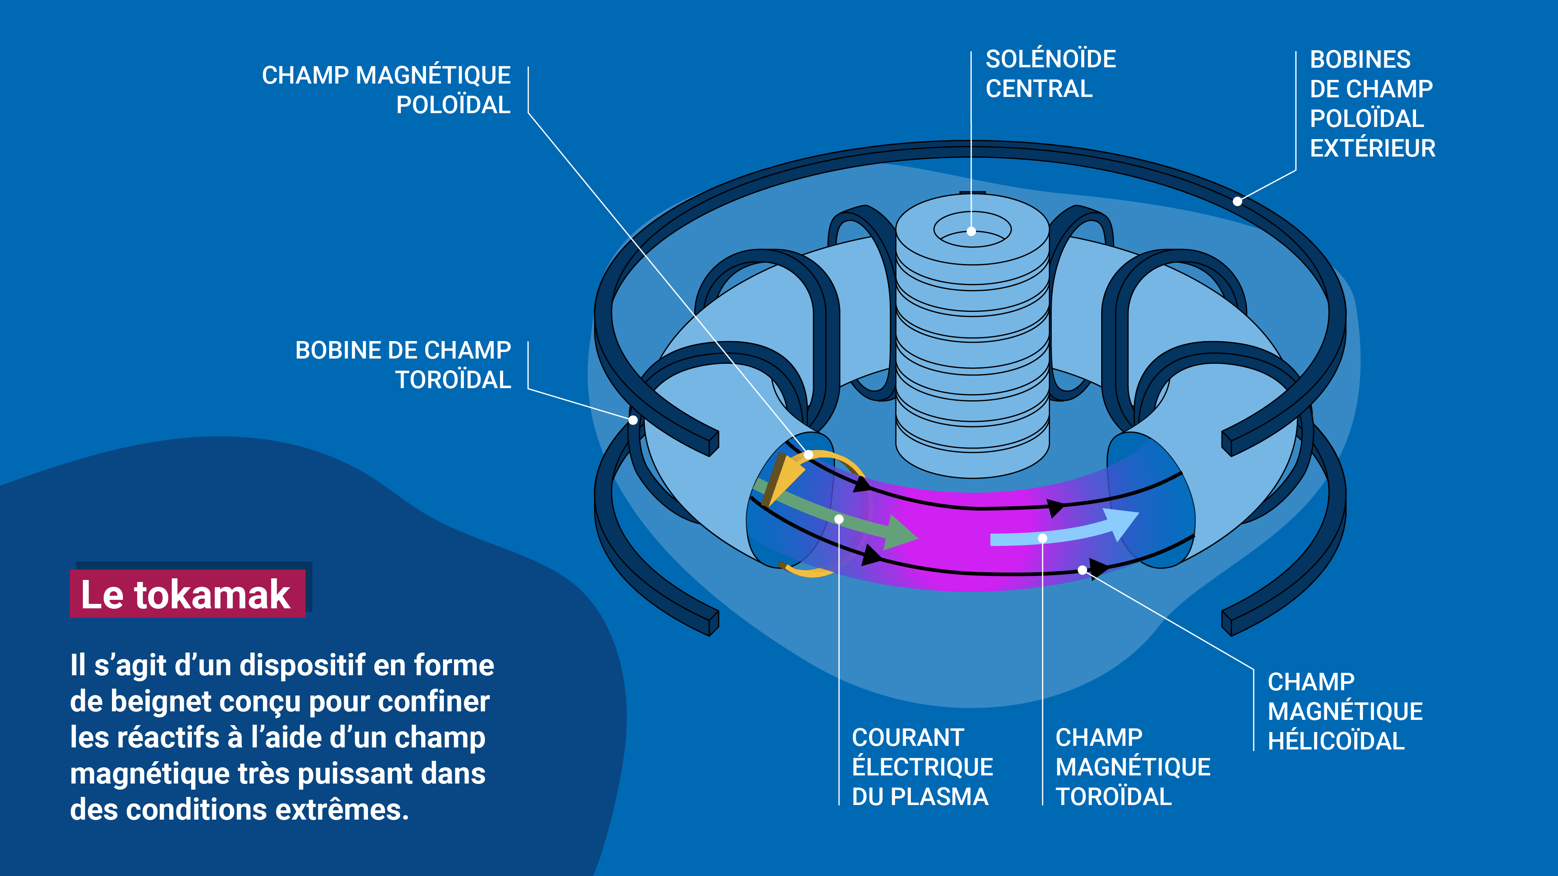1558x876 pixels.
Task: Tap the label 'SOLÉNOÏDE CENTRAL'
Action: pyautogui.click(x=1050, y=74)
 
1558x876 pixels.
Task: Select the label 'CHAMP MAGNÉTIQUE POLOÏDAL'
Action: pyautogui.click(x=387, y=90)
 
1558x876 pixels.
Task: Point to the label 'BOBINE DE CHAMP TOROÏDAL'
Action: pyautogui.click(x=403, y=365)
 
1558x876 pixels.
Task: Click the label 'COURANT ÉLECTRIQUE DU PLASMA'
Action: pyautogui.click(x=922, y=766)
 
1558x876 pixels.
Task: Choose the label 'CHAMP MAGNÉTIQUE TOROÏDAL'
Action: pyautogui.click(x=1132, y=766)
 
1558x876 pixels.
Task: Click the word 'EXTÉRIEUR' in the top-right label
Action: pyautogui.click(x=1372, y=148)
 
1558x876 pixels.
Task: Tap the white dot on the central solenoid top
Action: pyautogui.click(x=971, y=231)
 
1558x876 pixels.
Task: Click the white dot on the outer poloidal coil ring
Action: pyautogui.click(x=1237, y=201)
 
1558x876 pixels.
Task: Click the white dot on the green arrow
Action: pyautogui.click(x=839, y=519)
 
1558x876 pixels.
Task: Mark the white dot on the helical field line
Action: pyautogui.click(x=1082, y=569)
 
